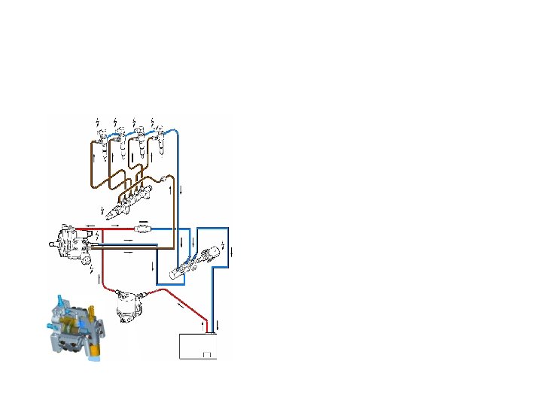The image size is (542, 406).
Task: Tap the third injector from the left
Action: point(139,144)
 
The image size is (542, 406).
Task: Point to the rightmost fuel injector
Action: point(158,143)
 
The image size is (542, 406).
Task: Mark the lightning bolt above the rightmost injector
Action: point(153,122)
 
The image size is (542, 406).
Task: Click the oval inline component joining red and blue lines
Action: point(143,227)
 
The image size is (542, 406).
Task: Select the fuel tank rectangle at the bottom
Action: point(198,346)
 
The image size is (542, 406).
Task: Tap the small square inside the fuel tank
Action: point(207,354)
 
